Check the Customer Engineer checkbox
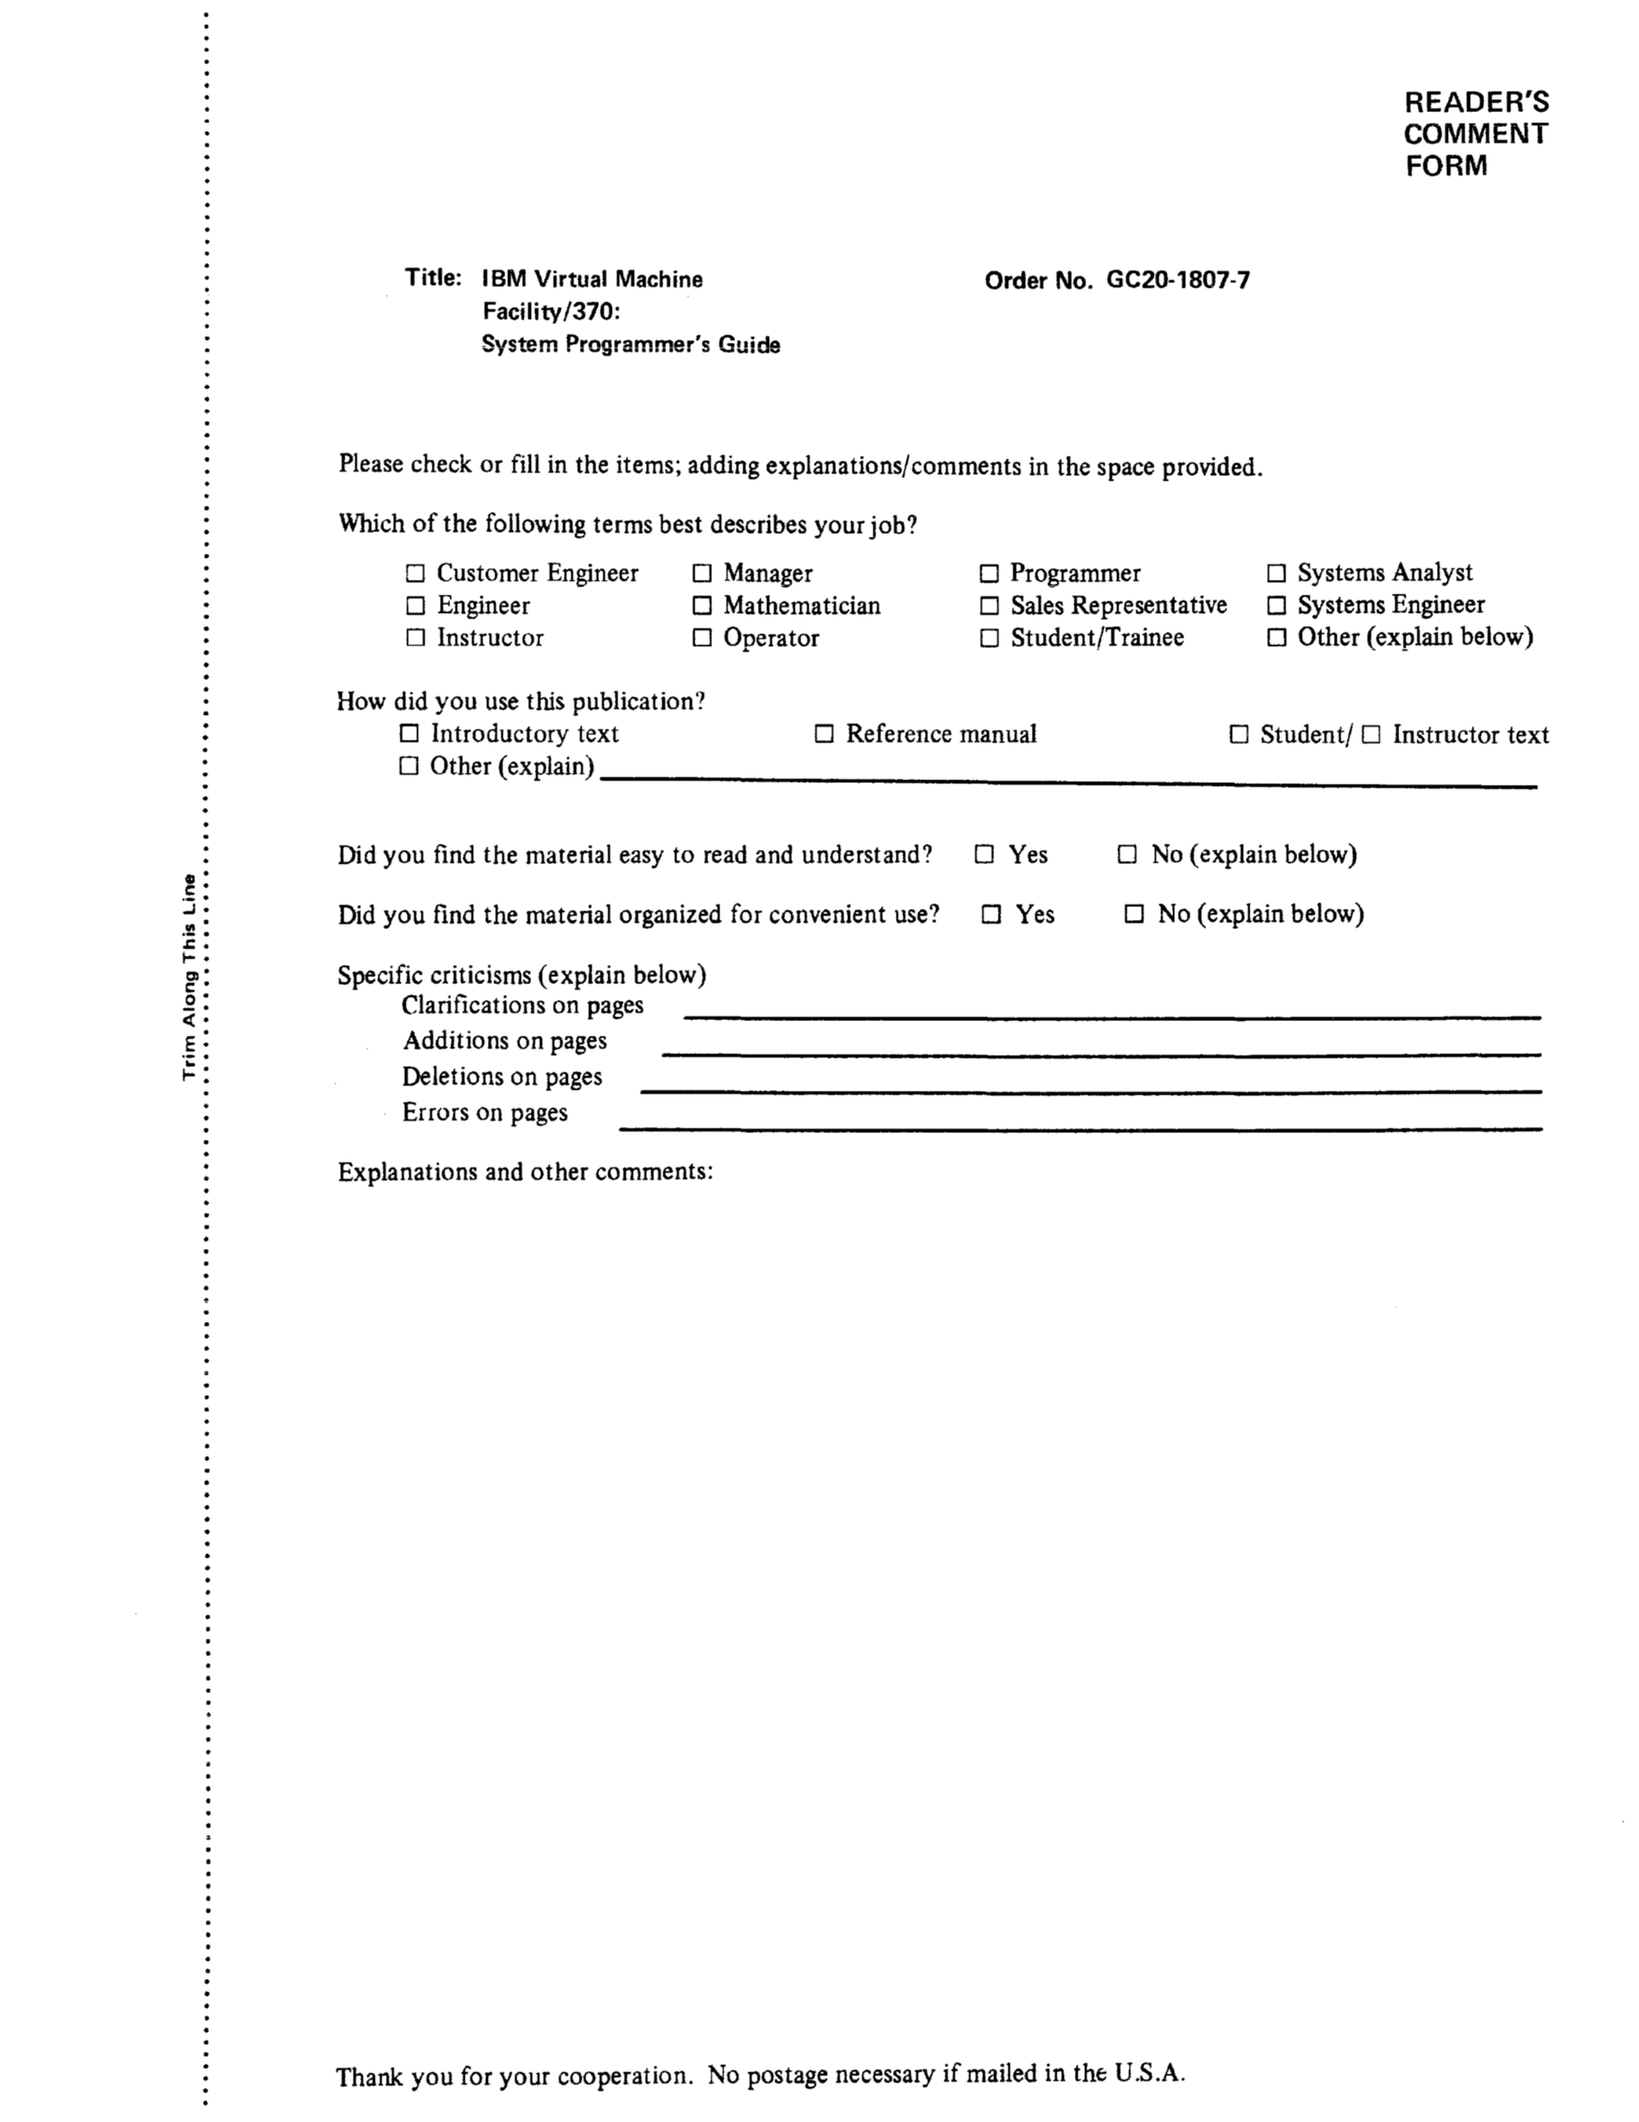pos(415,573)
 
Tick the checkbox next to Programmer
pos(989,573)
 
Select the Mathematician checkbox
pos(702,606)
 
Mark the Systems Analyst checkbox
pos(1277,573)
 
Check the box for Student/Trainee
pos(989,639)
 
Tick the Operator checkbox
pos(702,639)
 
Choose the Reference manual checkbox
pos(824,733)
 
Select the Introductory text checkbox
pos(410,733)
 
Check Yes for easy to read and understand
pos(984,854)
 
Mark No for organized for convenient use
pos(1134,914)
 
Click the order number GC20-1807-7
pos(1178,281)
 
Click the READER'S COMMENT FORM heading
pos(1475,134)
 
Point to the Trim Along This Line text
pos(189,977)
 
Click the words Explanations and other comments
pos(525,1172)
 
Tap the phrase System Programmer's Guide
pos(630,345)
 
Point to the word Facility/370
pos(550,312)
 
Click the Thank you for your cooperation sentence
pos(760,2075)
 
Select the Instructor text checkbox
pos(1371,734)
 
